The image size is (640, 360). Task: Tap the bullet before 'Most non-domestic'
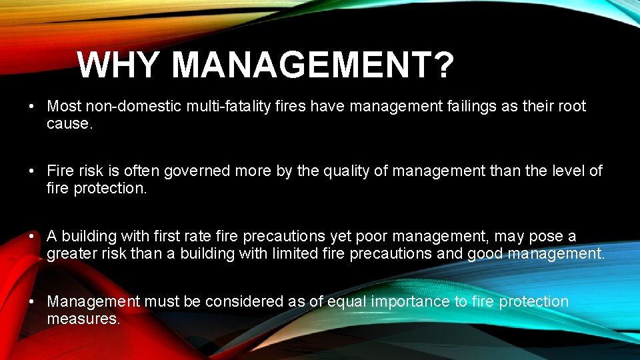click(x=32, y=107)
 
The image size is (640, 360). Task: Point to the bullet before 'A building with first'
click(x=32, y=237)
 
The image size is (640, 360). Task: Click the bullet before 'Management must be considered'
click(x=32, y=302)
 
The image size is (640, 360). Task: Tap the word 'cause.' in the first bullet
click(x=69, y=123)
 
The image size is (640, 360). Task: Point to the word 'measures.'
click(x=83, y=319)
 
